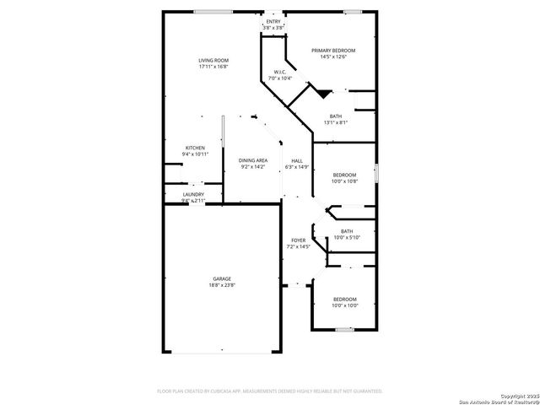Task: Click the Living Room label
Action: tap(213, 60)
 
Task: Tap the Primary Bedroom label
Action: tap(329, 51)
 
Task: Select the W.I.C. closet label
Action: tap(278, 72)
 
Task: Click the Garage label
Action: tap(221, 279)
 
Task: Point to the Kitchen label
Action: tap(195, 148)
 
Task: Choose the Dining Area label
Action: tap(252, 160)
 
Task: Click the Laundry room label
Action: tap(193, 195)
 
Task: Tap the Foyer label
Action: tap(299, 240)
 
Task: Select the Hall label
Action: tap(297, 160)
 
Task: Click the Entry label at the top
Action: tap(272, 22)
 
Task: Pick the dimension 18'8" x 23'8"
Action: tap(221, 285)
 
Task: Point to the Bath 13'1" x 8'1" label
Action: tap(336, 116)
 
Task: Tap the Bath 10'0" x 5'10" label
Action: tap(347, 231)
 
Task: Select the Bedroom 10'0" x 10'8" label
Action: tap(344, 175)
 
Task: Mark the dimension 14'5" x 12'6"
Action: tap(329, 57)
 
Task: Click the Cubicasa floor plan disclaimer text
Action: tap(270, 391)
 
